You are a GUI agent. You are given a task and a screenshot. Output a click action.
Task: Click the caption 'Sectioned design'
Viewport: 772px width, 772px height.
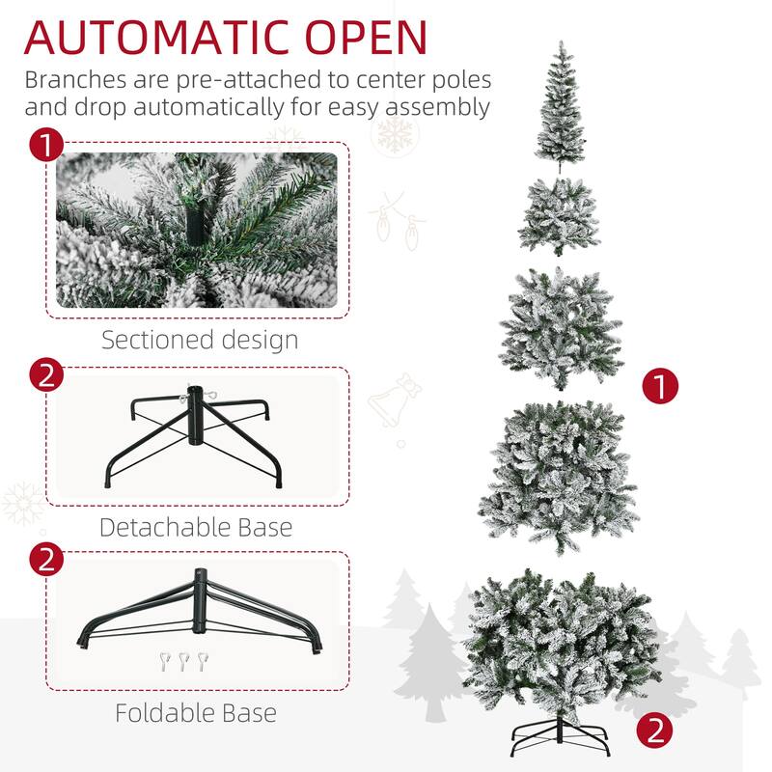coord(200,340)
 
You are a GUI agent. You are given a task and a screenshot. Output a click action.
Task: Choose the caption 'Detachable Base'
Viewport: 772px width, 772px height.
coord(196,527)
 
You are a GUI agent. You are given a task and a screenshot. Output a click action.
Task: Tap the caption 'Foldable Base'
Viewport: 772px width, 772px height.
coord(196,713)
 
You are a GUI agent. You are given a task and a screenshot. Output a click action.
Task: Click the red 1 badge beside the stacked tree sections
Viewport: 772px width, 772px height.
coord(661,388)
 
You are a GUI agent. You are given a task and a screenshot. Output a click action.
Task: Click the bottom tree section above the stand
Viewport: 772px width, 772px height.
coord(560,642)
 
